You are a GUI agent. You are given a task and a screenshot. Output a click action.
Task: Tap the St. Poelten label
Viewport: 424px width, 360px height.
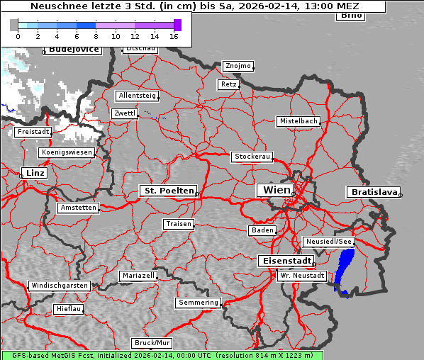click(x=168, y=191)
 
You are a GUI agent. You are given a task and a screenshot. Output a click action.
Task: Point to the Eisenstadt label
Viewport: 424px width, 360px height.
click(x=283, y=261)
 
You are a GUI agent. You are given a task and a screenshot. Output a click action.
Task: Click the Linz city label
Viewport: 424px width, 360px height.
click(x=33, y=173)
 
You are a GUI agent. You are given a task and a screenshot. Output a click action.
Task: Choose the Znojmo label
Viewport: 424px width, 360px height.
click(x=238, y=66)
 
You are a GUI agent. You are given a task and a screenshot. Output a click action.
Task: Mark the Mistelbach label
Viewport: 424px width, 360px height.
click(x=298, y=121)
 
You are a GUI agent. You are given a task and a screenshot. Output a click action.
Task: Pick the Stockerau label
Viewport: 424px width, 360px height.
click(x=252, y=157)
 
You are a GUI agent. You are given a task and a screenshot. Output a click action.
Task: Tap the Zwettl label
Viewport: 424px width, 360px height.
click(x=124, y=113)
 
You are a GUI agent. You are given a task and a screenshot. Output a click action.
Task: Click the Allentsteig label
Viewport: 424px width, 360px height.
click(x=137, y=96)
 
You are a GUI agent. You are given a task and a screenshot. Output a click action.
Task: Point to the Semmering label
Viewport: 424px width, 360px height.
click(x=199, y=303)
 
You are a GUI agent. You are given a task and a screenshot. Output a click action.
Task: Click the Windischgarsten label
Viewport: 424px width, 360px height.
click(x=59, y=286)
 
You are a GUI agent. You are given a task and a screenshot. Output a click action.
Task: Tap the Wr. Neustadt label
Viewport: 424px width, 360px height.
click(x=302, y=275)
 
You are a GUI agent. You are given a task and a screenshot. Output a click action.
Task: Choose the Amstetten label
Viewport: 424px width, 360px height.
click(x=78, y=208)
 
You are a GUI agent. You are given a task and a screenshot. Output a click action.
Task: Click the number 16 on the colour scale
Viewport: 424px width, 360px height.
click(x=174, y=36)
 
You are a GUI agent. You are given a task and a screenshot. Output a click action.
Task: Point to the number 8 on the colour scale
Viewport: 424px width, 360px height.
click(x=96, y=36)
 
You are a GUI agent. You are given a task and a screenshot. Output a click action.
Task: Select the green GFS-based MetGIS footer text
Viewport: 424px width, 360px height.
click(x=162, y=355)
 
